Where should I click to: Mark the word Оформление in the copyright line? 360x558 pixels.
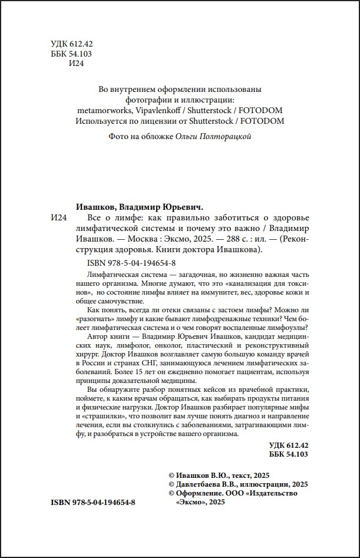(x=199, y=493)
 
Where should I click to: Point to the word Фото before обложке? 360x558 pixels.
(x=120, y=136)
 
